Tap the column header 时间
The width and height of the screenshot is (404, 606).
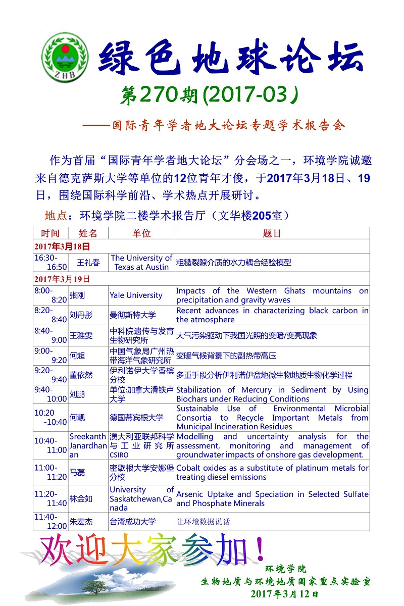(50, 233)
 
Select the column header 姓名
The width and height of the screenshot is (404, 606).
(88, 233)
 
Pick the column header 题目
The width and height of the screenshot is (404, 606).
(272, 233)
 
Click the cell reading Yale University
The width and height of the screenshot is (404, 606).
(136, 295)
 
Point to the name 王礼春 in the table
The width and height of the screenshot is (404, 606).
(88, 263)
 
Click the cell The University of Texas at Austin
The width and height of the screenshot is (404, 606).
(141, 263)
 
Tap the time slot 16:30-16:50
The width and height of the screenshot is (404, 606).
(50, 263)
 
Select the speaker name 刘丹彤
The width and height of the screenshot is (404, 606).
(81, 315)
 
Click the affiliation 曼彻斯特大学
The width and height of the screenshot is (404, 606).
(133, 315)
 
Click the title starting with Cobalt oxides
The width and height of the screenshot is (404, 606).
(272, 472)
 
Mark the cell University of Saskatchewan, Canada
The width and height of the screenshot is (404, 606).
(141, 498)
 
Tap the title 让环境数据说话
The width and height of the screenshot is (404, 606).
(203, 522)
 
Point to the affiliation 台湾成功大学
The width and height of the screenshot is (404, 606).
(133, 522)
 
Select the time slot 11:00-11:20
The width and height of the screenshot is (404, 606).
(50, 472)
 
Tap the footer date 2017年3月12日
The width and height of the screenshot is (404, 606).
(284, 594)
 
